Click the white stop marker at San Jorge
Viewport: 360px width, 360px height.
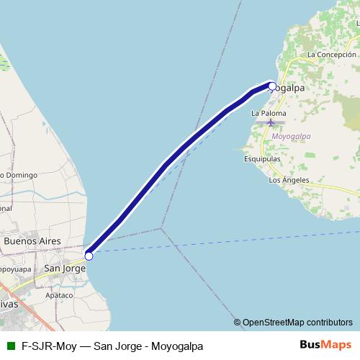point(89,256)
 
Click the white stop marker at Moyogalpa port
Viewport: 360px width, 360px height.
point(272,86)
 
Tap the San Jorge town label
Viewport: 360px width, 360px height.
point(65,268)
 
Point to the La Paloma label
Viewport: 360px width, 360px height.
point(269,114)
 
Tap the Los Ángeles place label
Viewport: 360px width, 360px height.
point(288,180)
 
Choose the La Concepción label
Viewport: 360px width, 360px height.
point(331,55)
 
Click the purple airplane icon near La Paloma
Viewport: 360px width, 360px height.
point(271,122)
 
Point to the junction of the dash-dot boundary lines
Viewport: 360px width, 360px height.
point(161,229)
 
